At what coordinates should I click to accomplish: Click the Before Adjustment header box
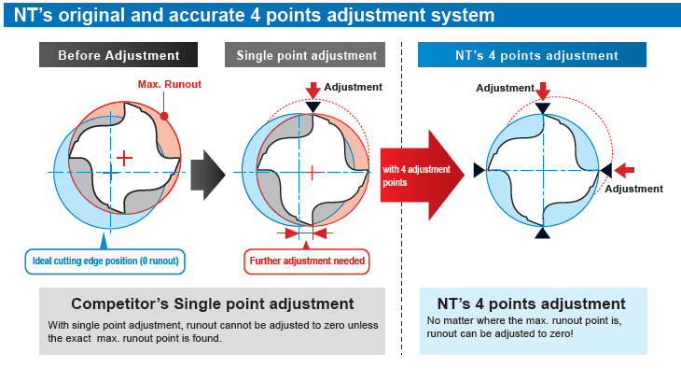(x=118, y=55)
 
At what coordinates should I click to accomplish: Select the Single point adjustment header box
(x=305, y=55)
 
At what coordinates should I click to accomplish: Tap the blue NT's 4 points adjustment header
(x=542, y=55)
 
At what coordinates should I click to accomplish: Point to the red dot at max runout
(x=163, y=117)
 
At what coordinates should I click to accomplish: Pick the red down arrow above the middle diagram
(x=313, y=90)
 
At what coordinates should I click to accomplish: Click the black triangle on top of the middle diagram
(x=313, y=107)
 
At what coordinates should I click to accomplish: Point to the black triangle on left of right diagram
(x=479, y=170)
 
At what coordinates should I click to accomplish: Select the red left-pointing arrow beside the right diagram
(x=626, y=170)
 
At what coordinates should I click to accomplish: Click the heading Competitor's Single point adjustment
(x=213, y=303)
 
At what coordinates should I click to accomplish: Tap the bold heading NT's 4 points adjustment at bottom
(x=532, y=303)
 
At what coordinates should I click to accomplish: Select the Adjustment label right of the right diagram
(x=633, y=189)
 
